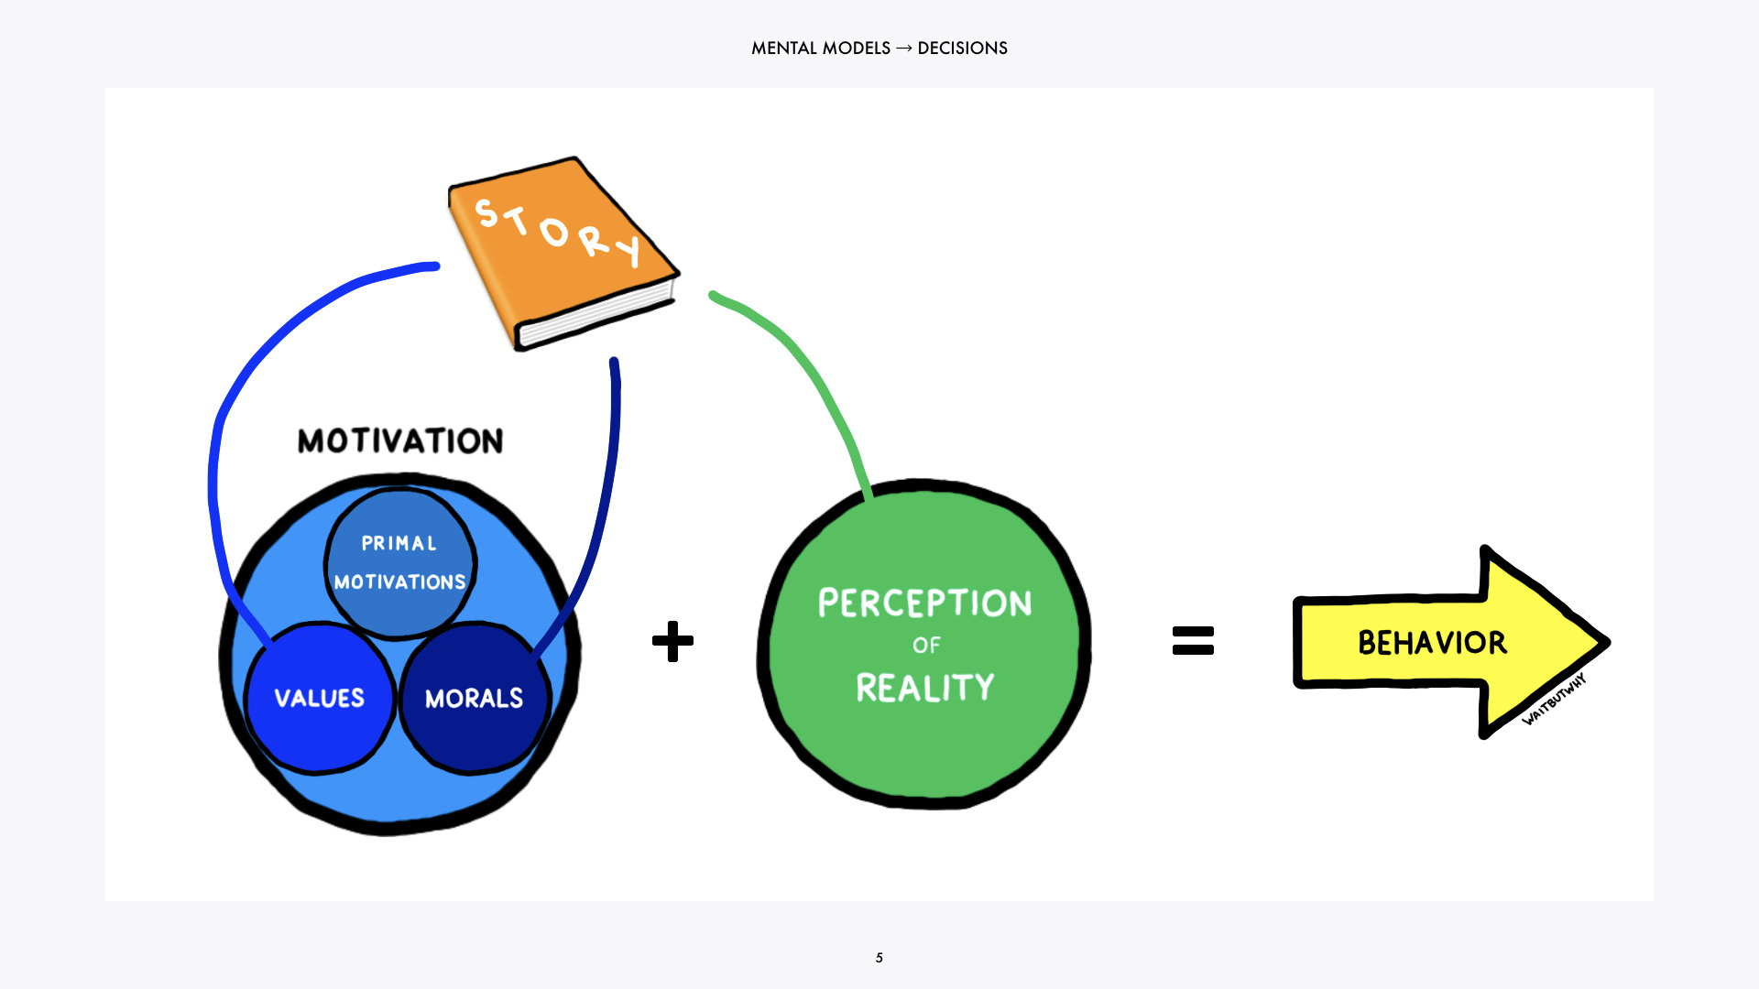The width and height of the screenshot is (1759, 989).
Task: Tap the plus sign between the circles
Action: [672, 641]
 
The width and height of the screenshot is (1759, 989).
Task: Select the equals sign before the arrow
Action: [1193, 640]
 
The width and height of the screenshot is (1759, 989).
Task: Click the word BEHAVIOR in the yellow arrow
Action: [1432, 643]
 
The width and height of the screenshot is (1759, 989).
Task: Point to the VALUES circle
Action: [319, 698]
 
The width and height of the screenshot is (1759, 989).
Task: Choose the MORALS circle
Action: [474, 698]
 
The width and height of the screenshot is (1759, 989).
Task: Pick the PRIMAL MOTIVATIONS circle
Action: [399, 562]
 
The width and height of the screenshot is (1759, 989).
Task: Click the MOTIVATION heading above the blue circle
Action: [400, 440]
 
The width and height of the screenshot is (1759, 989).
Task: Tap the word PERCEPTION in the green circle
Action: [924, 603]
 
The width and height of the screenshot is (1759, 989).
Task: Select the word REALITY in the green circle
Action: [924, 688]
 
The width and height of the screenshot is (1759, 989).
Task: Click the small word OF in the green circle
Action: [926, 646]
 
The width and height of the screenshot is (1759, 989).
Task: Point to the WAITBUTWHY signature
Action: [1554, 700]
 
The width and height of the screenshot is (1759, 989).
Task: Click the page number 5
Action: [879, 958]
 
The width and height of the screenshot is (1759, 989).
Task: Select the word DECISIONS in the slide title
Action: [962, 49]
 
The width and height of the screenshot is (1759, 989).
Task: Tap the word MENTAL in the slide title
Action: [783, 49]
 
